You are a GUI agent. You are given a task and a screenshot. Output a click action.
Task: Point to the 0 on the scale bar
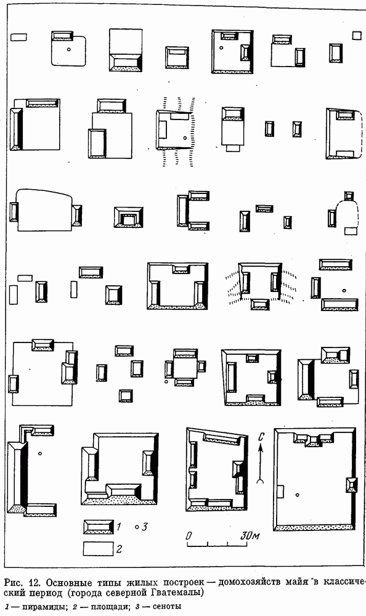coord(189,536)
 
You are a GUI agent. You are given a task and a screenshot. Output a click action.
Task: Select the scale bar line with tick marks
coord(218,544)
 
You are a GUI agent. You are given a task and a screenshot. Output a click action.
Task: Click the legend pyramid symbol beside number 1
coord(99,527)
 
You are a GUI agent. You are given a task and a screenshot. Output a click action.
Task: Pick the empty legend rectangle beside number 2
coord(99,549)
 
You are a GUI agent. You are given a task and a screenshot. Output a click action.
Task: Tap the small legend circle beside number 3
coord(136,527)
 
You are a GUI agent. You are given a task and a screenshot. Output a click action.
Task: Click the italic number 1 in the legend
coord(119,527)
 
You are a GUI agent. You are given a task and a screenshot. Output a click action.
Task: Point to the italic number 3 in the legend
coord(144,527)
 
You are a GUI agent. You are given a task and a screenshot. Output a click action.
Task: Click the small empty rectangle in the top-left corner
coord(18,37)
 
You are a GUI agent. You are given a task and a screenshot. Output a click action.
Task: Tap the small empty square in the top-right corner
coord(357,36)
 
